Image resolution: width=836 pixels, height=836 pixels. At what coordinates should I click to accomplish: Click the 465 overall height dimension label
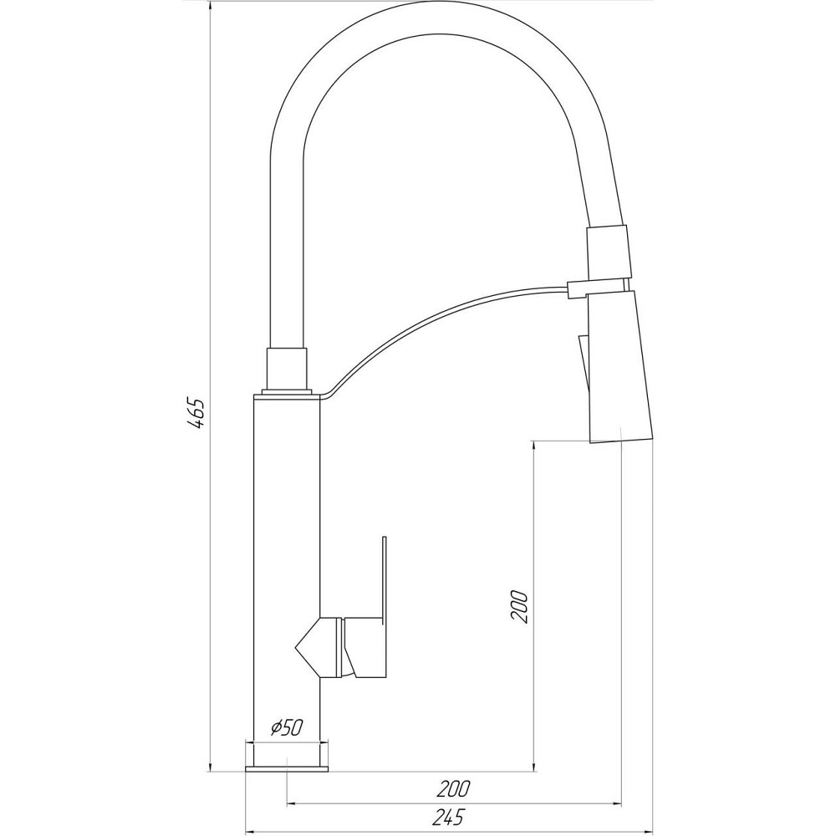pyautogui.click(x=196, y=413)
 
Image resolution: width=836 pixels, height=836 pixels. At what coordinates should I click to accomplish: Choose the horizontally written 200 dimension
pyautogui.click(x=453, y=788)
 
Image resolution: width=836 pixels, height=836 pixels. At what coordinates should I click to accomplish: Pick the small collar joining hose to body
pyautogui.click(x=287, y=368)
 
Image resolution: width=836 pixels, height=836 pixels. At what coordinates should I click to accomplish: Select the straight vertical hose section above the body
pyautogui.click(x=287, y=251)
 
